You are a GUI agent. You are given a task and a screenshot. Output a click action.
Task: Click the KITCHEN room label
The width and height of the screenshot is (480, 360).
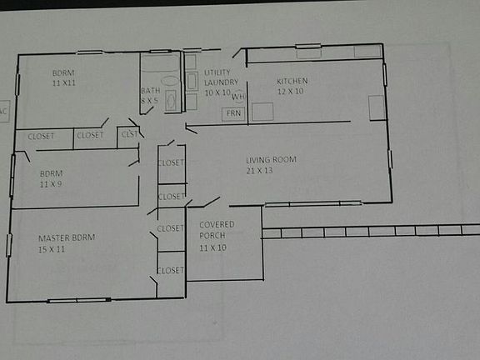pos(292,81)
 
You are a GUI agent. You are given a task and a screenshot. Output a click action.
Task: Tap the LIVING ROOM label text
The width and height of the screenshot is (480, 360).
pos(271,159)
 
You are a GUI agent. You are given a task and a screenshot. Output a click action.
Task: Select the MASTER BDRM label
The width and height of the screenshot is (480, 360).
pos(67,237)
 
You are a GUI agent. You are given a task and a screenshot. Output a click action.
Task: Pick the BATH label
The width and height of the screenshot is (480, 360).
pos(150,91)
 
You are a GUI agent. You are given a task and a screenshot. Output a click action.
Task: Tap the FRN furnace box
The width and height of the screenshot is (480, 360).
pos(233,112)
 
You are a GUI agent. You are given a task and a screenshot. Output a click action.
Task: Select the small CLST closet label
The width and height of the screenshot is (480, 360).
pos(129,133)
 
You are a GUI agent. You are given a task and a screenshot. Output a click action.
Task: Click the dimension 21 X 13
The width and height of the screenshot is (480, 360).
pos(260,170)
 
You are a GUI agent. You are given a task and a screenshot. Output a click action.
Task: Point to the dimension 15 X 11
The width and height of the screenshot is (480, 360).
pos(52,248)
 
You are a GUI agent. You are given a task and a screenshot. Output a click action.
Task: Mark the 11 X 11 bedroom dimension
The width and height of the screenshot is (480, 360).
pos(63,83)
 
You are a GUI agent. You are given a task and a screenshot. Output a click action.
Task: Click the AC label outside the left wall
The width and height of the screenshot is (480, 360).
pos(3,110)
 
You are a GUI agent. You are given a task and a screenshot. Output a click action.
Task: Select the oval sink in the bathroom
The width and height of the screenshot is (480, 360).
pos(171,82)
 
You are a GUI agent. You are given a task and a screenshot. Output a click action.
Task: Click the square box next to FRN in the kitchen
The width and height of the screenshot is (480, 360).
pos(262,112)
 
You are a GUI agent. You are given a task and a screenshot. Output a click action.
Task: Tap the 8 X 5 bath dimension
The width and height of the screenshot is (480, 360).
pos(150,101)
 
